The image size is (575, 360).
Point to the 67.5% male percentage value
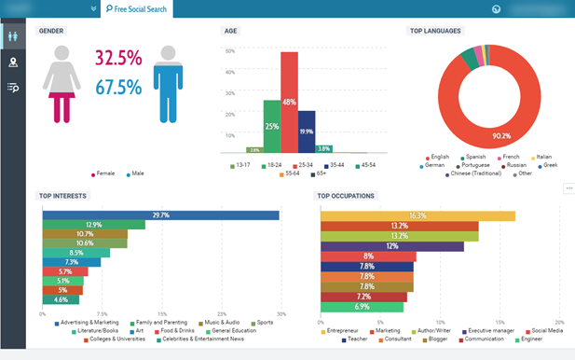coord(118,88)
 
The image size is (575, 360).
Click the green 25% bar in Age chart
coord(271,126)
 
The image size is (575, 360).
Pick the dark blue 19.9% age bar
coord(306,132)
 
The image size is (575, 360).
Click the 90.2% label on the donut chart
coord(500,135)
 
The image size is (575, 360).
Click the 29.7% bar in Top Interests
coord(160,215)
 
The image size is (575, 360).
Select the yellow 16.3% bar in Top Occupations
coord(418,215)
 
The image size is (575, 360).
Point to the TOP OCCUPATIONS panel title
coord(346,196)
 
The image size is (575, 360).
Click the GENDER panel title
coord(51,31)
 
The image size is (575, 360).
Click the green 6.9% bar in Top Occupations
coord(362,306)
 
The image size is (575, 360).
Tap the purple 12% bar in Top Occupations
coord(391,246)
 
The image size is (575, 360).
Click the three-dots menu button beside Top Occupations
coord(568,188)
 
